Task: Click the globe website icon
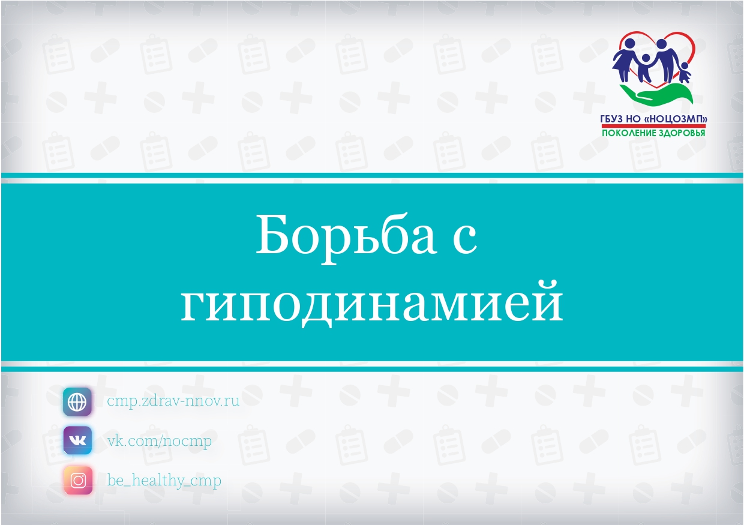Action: pyautogui.click(x=77, y=401)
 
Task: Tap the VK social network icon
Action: pyautogui.click(x=77, y=440)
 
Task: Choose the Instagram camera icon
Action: pyautogui.click(x=78, y=480)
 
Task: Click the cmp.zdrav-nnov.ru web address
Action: pyautogui.click(x=173, y=401)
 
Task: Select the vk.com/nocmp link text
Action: pyautogui.click(x=159, y=441)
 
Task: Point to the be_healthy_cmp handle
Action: pyautogui.click(x=164, y=481)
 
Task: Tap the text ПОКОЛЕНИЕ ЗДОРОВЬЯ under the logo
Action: pyautogui.click(x=653, y=133)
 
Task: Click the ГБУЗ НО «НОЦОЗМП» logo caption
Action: pyautogui.click(x=653, y=119)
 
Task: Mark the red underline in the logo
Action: pyautogui.click(x=653, y=126)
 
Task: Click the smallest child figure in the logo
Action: pyautogui.click(x=685, y=73)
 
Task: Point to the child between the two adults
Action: pyautogui.click(x=645, y=68)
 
